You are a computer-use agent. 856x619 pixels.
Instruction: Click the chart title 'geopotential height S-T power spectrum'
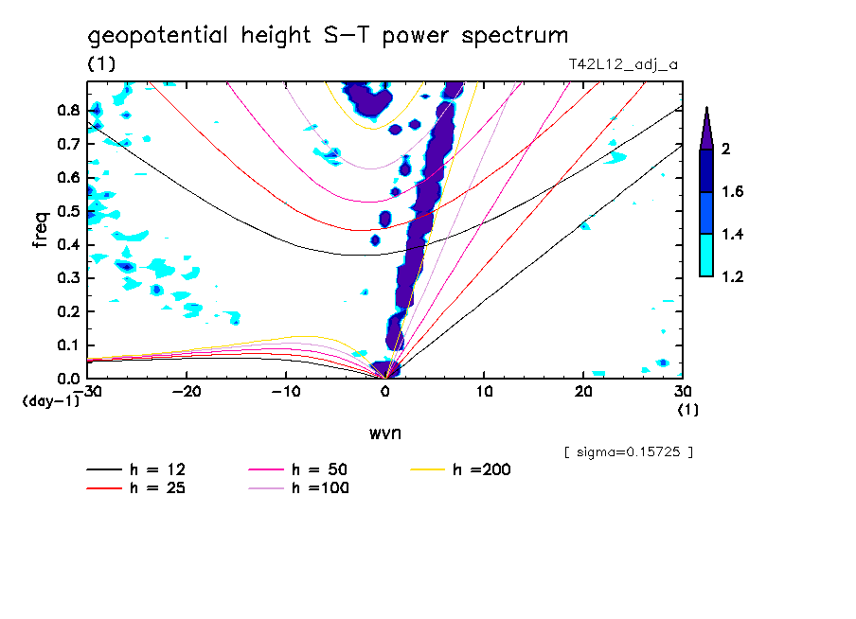pos(329,36)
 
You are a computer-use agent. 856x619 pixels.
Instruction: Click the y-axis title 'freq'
pos(41,229)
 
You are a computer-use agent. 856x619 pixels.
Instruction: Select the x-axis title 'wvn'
pos(384,433)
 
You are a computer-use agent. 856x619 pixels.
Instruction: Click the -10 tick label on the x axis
pos(286,392)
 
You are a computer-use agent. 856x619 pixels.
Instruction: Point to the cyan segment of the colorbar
pos(706,256)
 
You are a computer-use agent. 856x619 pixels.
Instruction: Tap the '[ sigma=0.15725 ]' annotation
pos(629,451)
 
